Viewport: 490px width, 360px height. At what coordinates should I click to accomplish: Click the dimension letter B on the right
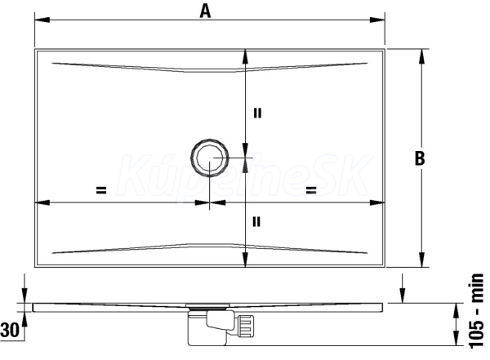pos(420,158)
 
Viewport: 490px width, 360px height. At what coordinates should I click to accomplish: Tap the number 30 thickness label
pos(9,330)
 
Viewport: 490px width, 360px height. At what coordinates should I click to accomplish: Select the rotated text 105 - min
pos(477,311)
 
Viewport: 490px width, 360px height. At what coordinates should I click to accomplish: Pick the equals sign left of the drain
pos(101,190)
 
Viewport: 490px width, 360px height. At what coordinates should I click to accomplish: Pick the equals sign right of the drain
pos(311,190)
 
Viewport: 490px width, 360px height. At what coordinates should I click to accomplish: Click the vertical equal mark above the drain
pos(257,113)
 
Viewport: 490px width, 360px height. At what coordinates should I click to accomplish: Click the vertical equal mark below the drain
pos(256,222)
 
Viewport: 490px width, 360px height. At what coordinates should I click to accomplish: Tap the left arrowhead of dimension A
pos(42,20)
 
